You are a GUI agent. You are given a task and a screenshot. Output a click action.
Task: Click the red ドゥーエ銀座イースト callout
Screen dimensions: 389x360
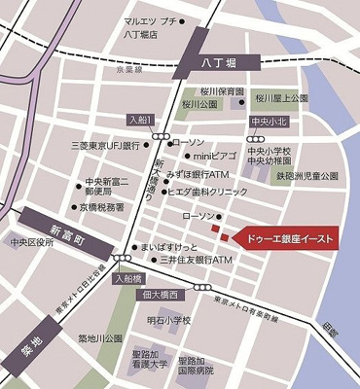click(288, 238)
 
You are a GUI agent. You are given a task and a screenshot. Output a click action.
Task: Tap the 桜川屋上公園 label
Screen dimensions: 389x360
click(281, 97)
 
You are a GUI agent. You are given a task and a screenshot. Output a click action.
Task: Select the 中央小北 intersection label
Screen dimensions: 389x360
click(268, 122)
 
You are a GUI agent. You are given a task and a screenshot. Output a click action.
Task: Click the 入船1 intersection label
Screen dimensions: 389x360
click(139, 119)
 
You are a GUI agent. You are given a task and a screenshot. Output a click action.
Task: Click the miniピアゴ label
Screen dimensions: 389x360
click(213, 156)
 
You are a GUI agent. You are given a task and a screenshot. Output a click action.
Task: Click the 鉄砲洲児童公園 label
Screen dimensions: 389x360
click(306, 176)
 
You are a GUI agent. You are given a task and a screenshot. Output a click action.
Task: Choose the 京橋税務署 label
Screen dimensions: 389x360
click(101, 207)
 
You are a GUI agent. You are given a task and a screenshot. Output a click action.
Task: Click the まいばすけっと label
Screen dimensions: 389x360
click(174, 247)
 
